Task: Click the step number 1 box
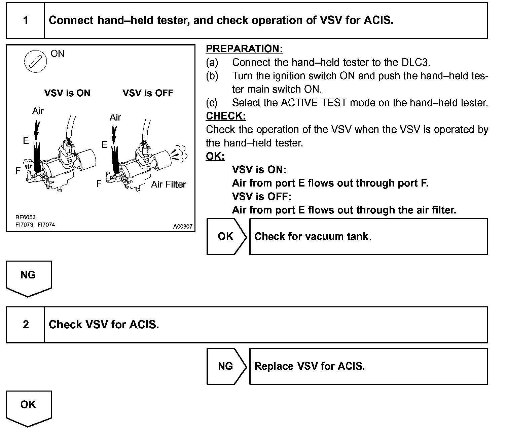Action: [x=26, y=21]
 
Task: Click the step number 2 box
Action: [x=26, y=325]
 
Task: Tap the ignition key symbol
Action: [x=35, y=61]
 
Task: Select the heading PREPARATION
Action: [x=244, y=49]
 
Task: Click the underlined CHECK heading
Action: [x=225, y=116]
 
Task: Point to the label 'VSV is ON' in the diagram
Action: [x=67, y=93]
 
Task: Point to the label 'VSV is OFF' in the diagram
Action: [x=148, y=93]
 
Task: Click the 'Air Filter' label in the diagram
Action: [x=168, y=184]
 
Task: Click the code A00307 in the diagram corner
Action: [x=183, y=227]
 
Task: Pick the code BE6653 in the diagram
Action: [x=25, y=217]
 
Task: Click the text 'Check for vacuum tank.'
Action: [x=313, y=236]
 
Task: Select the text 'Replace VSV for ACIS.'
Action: [x=310, y=366]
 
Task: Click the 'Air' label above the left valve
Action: [x=38, y=111]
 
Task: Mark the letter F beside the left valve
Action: [x=18, y=171]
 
